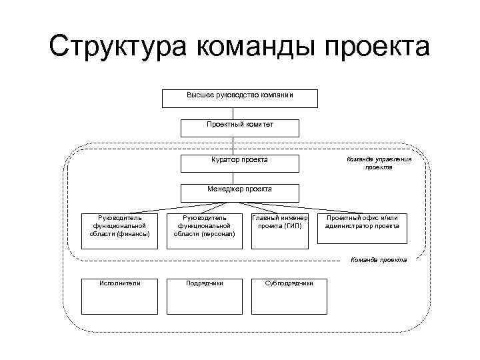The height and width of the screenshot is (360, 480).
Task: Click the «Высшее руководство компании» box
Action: coord(240,98)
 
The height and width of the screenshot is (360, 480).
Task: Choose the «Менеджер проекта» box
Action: coord(240,193)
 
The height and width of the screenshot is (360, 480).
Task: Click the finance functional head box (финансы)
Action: coord(120,230)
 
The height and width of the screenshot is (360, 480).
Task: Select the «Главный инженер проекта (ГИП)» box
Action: coord(280,230)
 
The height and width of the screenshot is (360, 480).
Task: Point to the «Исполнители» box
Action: coord(120,295)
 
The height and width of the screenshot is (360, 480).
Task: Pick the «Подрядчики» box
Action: coord(205,295)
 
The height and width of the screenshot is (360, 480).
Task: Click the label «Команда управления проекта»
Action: coord(378,163)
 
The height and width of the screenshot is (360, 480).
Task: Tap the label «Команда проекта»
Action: coord(378,259)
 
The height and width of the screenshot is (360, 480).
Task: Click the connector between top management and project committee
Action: coord(233,113)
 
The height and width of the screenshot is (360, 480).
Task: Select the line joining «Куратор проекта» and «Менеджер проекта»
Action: coord(233,177)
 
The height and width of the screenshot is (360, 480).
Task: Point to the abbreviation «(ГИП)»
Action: coord(291,226)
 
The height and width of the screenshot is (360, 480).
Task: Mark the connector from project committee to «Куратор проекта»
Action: coord(233,145)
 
